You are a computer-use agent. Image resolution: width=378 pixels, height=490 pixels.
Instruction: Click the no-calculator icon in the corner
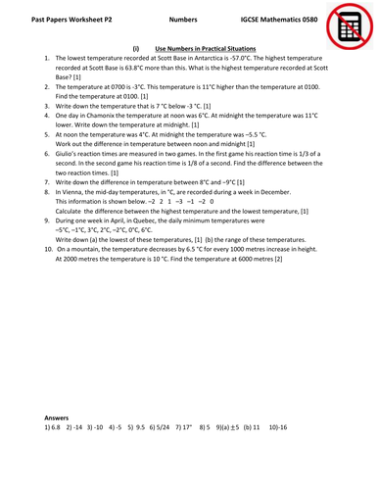(346, 25)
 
